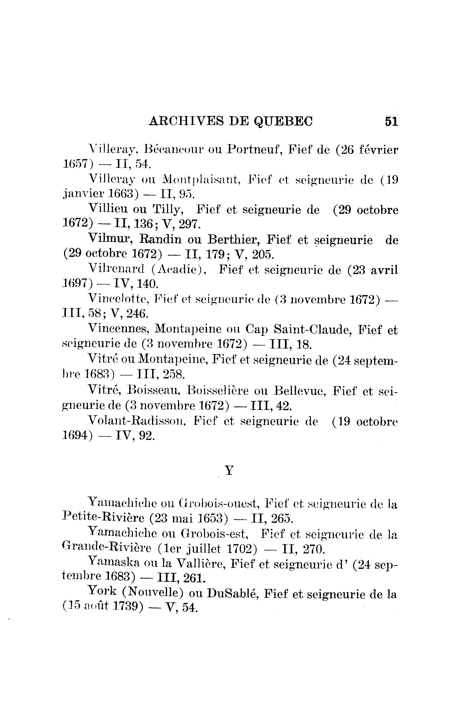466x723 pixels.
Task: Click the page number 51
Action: coord(391,121)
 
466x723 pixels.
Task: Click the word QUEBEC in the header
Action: coord(283,121)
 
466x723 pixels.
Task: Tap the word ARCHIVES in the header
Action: coord(187,121)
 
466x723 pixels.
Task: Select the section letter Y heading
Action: coord(229,471)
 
